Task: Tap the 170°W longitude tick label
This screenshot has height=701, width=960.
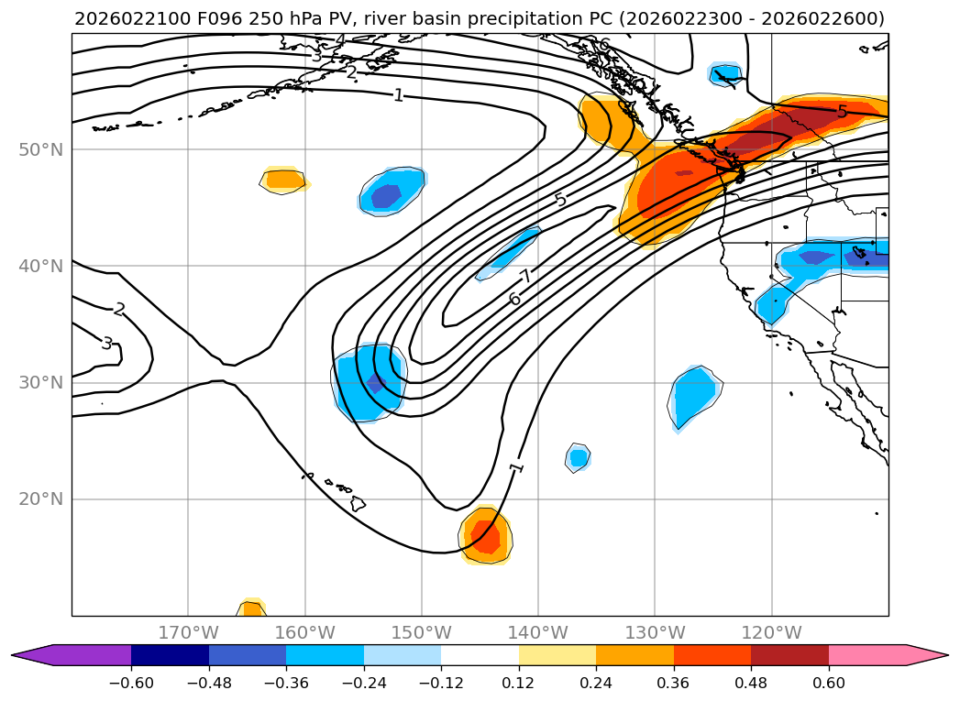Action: pos(188,632)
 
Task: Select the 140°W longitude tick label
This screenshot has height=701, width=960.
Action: pos(538,632)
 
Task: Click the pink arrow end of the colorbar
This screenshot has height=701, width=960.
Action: pos(927,654)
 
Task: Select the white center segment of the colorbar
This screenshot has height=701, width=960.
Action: pos(480,654)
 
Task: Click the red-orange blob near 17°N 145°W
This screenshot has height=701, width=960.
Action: pos(484,536)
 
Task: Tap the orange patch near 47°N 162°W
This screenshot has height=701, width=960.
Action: pos(284,180)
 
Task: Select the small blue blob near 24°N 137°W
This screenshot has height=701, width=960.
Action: pos(578,456)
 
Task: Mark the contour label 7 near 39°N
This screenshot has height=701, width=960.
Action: pos(525,277)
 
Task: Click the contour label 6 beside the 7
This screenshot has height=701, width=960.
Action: pos(514,299)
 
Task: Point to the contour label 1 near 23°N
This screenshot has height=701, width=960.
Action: pos(516,467)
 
